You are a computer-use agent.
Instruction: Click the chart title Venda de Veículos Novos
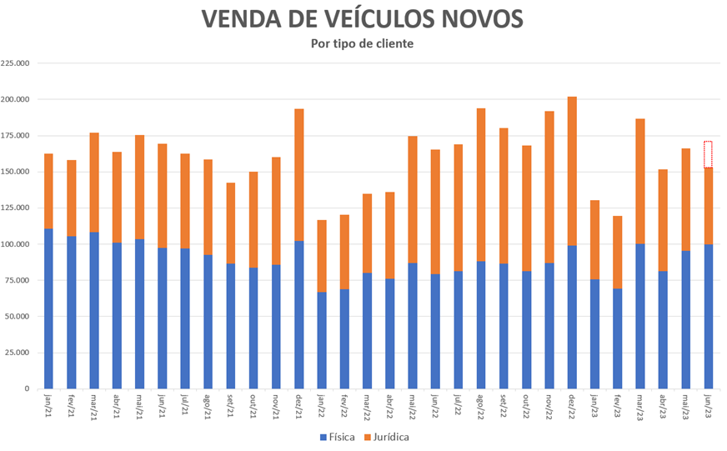click(x=363, y=18)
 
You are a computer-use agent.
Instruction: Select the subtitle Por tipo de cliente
click(x=363, y=43)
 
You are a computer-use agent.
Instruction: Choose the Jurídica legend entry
click(x=386, y=436)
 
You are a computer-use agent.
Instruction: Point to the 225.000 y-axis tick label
click(x=17, y=63)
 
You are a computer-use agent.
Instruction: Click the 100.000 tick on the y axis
click(x=17, y=244)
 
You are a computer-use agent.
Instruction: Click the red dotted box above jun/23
click(x=708, y=154)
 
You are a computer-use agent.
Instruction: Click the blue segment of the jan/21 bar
click(x=48, y=308)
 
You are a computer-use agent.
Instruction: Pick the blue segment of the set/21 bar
click(x=230, y=326)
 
